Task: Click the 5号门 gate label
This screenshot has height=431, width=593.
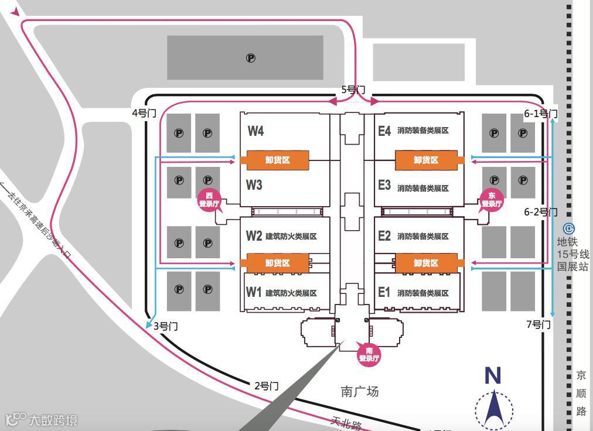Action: (353, 90)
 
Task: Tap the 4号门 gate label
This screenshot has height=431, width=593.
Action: (144, 113)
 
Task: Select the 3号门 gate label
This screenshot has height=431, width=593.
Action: (165, 326)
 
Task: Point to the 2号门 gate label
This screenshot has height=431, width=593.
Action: (267, 386)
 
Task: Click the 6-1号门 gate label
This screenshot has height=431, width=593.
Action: (540, 114)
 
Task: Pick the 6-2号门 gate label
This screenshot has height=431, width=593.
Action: (540, 212)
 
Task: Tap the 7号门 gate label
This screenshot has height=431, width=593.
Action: (539, 324)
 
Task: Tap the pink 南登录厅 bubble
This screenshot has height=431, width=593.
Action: (369, 354)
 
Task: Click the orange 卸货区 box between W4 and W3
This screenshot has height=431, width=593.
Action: (277, 160)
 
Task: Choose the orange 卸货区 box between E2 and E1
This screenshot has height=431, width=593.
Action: (426, 264)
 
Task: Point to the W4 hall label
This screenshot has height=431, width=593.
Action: (255, 131)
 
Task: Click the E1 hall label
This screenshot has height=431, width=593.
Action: (384, 292)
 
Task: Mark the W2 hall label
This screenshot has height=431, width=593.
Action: (254, 236)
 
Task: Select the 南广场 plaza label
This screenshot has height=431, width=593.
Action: (360, 392)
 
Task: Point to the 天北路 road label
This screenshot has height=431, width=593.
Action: (346, 423)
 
